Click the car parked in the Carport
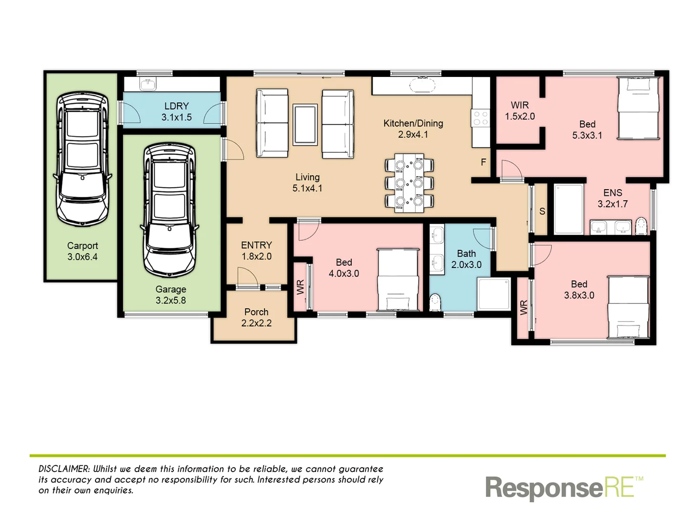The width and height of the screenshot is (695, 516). [x=82, y=159]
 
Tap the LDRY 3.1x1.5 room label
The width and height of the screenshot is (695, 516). [x=176, y=111]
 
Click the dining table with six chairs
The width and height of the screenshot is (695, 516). [x=409, y=183]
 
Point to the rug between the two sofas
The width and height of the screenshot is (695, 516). [x=305, y=124]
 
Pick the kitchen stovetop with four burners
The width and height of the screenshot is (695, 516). [x=480, y=118]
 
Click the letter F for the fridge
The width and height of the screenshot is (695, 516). [x=483, y=162]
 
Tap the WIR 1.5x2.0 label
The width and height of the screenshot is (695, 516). [x=520, y=110]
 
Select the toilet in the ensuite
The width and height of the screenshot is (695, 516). [x=642, y=226]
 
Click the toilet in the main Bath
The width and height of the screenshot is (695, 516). [x=435, y=303]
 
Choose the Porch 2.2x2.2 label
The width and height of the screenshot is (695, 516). [x=256, y=317]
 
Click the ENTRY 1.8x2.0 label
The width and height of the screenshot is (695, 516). [x=256, y=250]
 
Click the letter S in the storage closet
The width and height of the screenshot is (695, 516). [x=542, y=211]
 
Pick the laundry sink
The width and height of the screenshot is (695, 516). [x=148, y=85]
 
